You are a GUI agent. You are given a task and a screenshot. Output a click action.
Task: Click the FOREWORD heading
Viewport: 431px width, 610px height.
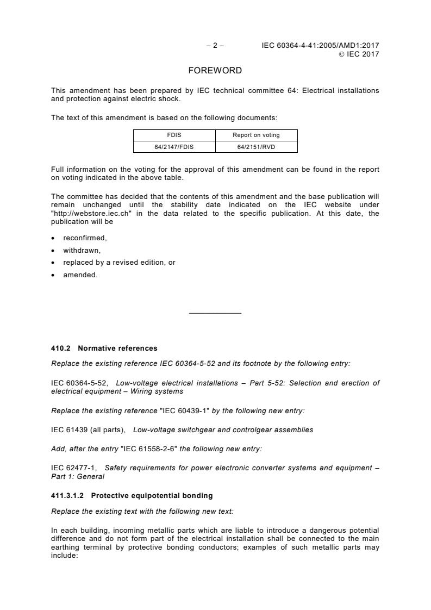click(x=215, y=71)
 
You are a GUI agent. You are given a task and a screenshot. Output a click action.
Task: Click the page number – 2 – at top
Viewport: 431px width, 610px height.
click(x=215, y=46)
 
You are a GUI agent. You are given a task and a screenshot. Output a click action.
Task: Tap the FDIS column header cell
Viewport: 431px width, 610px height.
click(x=174, y=135)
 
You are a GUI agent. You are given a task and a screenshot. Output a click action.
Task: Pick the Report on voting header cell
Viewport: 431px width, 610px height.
click(x=256, y=135)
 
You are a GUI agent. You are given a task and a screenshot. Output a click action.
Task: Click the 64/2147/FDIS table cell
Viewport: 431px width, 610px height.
click(x=174, y=147)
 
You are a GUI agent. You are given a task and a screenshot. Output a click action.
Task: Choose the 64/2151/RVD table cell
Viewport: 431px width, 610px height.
click(x=256, y=147)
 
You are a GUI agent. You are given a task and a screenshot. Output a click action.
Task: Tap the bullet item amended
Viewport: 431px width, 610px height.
click(x=77, y=275)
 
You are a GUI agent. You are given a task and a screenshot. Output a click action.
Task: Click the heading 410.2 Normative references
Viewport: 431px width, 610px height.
click(x=104, y=348)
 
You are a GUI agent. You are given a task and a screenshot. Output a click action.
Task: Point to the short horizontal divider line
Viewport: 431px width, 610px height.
click(x=215, y=313)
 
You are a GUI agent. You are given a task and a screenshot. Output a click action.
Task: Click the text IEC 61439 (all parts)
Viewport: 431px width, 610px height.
click(x=88, y=430)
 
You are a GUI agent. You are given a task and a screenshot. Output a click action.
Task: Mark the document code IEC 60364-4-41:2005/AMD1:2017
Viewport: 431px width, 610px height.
click(x=320, y=46)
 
